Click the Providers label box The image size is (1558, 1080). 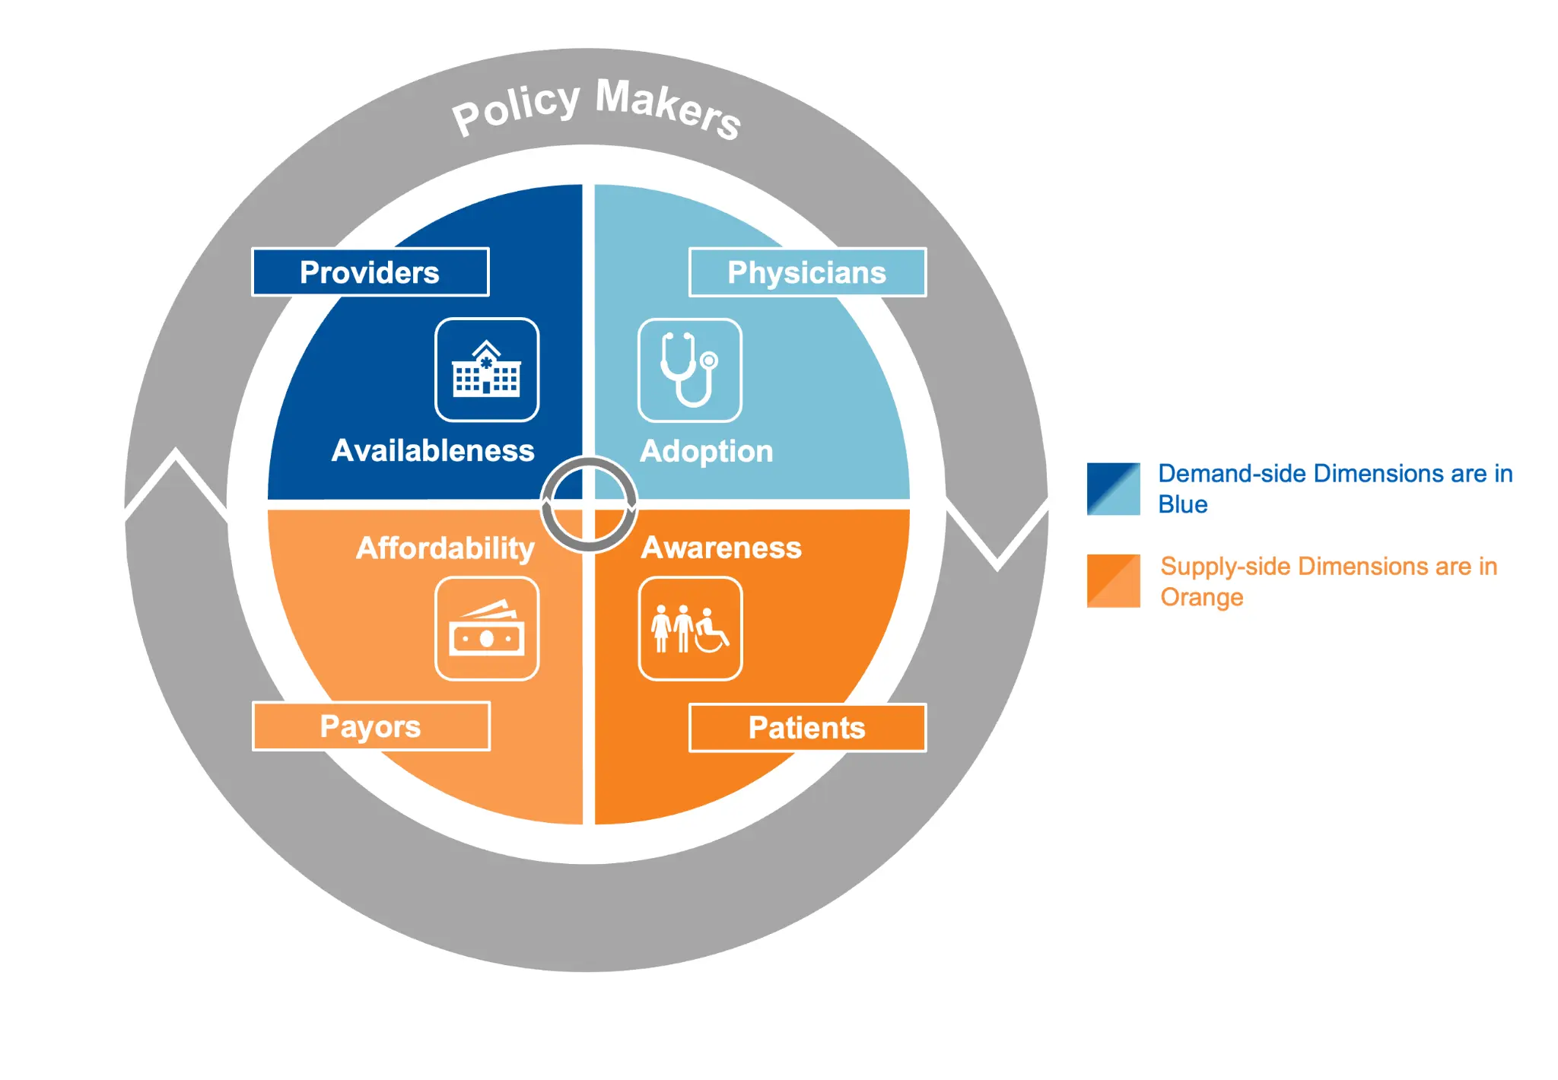[370, 272]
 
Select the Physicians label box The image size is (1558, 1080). [807, 272]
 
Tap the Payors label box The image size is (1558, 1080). [370, 726]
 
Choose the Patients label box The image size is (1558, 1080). [807, 728]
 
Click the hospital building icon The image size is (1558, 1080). [487, 370]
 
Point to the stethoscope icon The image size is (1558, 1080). [690, 370]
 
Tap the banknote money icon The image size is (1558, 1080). [487, 629]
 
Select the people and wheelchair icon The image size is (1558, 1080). [690, 629]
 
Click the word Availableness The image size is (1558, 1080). [433, 451]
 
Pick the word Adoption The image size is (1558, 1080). [706, 452]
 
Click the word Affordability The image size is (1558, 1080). [445, 548]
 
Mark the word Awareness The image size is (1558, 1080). [721, 548]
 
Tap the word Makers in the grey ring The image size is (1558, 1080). [668, 109]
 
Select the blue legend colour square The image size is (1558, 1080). [1113, 489]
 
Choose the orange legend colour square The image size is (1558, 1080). [1113, 581]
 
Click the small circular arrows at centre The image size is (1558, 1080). [589, 504]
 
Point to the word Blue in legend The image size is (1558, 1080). [1182, 505]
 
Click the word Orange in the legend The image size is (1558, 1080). [1201, 598]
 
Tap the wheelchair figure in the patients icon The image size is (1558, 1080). [711, 632]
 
